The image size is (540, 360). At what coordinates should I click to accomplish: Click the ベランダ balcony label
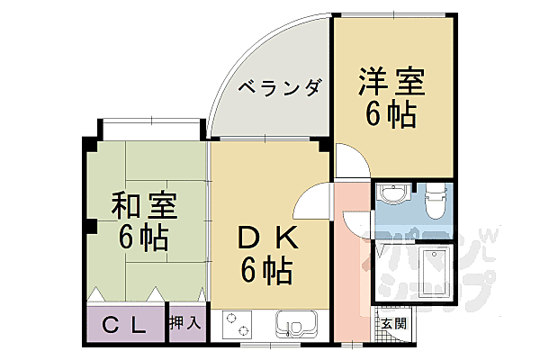tap(280, 88)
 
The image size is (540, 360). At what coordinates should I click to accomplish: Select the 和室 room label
tap(143, 208)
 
